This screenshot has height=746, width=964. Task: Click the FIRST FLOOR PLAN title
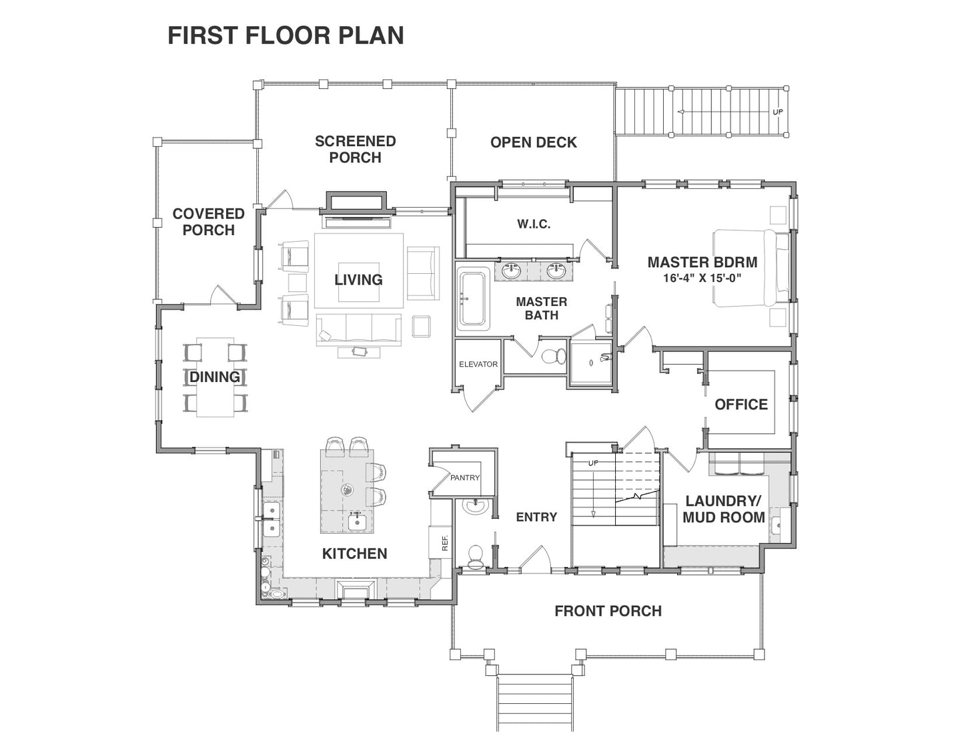coord(286,35)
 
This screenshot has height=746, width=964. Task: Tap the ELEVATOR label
coord(478,364)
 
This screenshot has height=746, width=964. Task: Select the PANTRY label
coord(465,478)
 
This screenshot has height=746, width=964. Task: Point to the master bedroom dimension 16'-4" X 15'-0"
coord(702,278)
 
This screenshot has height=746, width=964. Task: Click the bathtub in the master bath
coord(473,299)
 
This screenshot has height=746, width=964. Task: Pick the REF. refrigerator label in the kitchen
coord(446,542)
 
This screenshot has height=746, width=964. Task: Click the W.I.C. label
coord(534,224)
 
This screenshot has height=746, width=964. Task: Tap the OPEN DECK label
coord(533,142)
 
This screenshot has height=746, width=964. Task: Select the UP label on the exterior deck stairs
coord(778,112)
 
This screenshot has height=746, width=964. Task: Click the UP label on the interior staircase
coord(593,463)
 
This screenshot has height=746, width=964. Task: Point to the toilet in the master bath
coord(554,356)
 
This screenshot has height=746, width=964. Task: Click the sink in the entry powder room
coord(476,506)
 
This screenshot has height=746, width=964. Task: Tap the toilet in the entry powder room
coord(475,556)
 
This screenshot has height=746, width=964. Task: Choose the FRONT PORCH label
coord(608,611)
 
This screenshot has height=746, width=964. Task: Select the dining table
coord(215,377)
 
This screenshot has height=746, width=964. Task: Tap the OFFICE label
coord(741,405)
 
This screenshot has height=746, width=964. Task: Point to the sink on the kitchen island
coord(357,522)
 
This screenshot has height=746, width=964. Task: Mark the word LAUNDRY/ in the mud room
coord(723,502)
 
